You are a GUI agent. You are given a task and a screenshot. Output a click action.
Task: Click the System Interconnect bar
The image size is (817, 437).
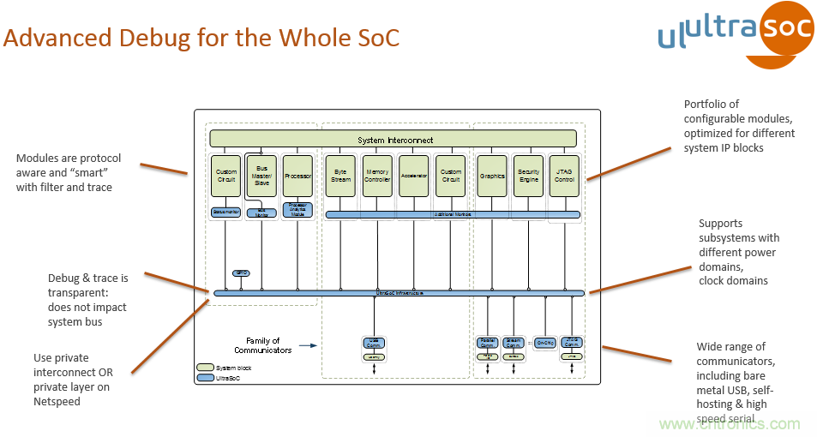[394, 140]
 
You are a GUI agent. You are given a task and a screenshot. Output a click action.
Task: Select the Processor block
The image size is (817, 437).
[297, 176]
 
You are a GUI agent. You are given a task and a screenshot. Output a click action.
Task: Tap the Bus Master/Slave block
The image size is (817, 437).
[261, 176]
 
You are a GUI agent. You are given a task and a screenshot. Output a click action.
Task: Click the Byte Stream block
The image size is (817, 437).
[339, 176]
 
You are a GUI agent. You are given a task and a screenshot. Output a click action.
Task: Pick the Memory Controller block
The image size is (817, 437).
[377, 176]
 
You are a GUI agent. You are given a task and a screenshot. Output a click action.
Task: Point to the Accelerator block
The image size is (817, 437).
[414, 176]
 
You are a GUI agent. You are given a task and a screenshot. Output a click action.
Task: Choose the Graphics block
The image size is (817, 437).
[492, 176]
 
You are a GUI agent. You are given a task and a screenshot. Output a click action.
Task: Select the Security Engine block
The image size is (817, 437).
[528, 176]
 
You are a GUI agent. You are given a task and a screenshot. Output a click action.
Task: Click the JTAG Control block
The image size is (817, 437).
[564, 176]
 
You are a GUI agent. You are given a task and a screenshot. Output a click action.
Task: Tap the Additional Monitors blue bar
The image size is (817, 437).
[453, 214]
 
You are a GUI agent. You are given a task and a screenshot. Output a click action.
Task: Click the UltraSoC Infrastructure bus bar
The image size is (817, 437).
[399, 293]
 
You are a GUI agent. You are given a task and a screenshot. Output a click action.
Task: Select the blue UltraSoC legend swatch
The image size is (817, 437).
[206, 377]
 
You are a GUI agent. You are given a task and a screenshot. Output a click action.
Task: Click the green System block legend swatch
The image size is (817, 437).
[206, 368]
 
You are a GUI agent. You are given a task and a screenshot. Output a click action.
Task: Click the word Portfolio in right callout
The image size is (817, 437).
[706, 105]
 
